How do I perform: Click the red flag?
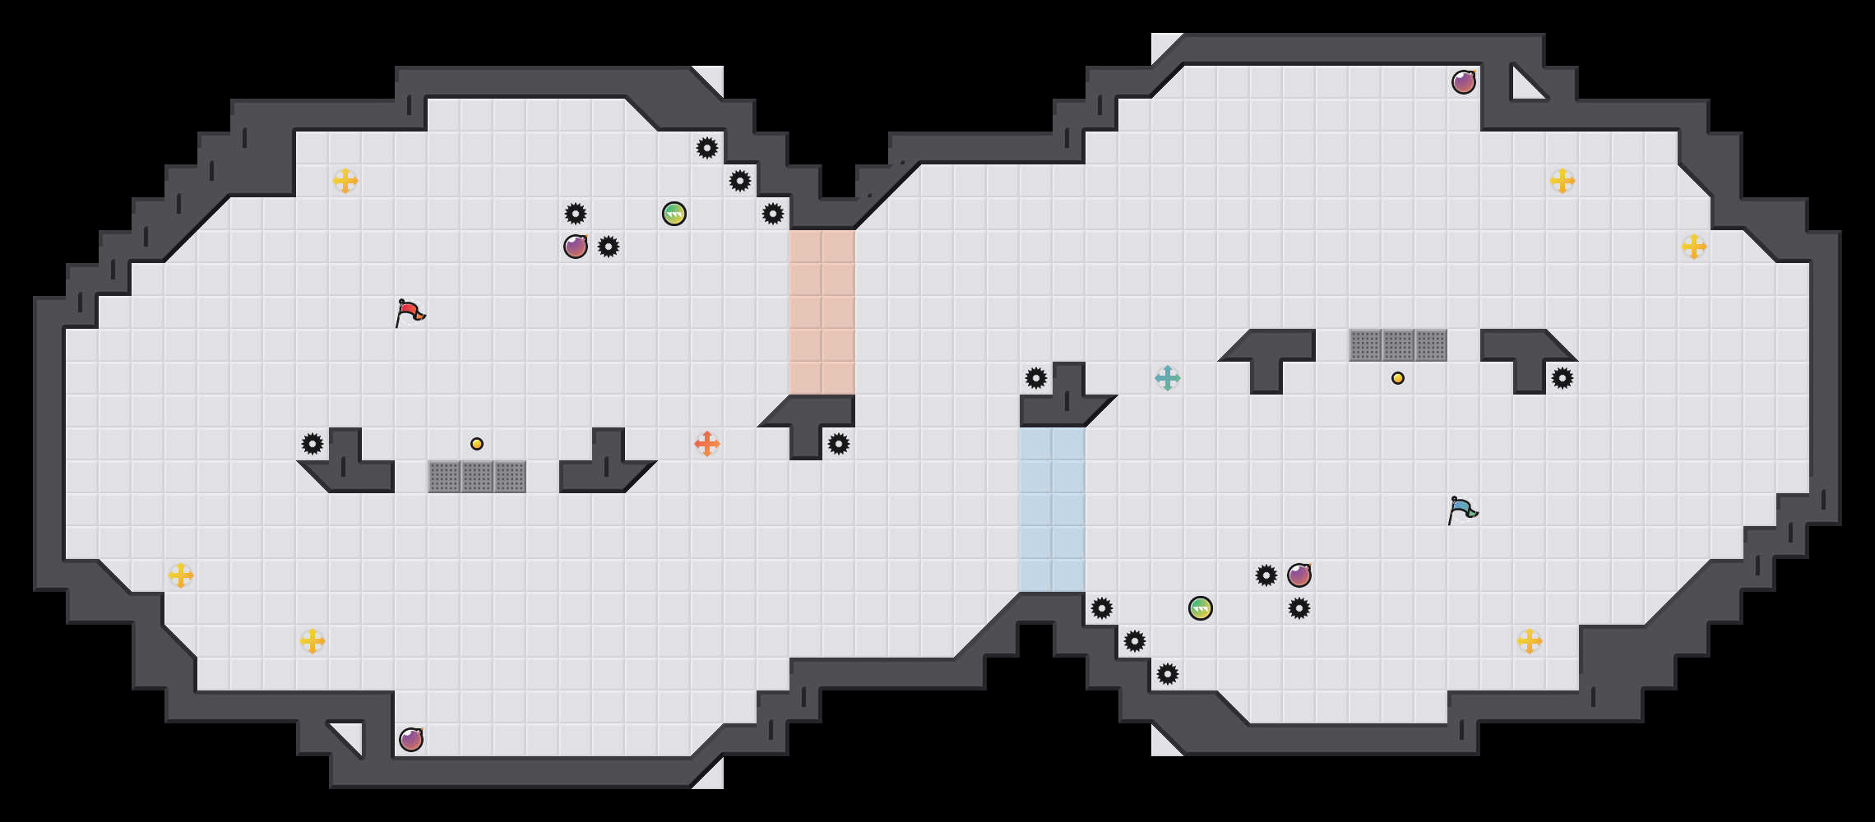coord(409,313)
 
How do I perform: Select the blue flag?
coord(1461,510)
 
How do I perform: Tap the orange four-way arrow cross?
coord(707,444)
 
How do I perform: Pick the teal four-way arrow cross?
coord(1168,378)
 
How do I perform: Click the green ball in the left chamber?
coord(674,214)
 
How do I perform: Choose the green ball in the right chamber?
coord(1201,608)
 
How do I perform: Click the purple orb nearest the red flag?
coord(576,247)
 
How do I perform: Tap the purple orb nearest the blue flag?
coord(1299,575)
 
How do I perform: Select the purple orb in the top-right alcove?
coord(1464,82)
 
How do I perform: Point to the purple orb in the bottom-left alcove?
coord(411,740)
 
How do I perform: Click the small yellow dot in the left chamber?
coord(477,444)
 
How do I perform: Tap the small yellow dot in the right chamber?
coord(1398,378)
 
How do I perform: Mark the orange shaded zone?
coord(822,312)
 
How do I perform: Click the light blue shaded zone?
coord(1053,510)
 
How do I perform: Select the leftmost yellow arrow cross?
coord(181,575)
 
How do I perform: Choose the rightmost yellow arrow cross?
coord(1694,247)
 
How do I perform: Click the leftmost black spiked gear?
coord(312,444)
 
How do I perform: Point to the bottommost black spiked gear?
coord(1168,674)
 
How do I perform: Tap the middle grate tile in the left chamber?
coord(477,477)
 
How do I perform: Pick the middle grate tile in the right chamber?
coord(1398,345)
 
